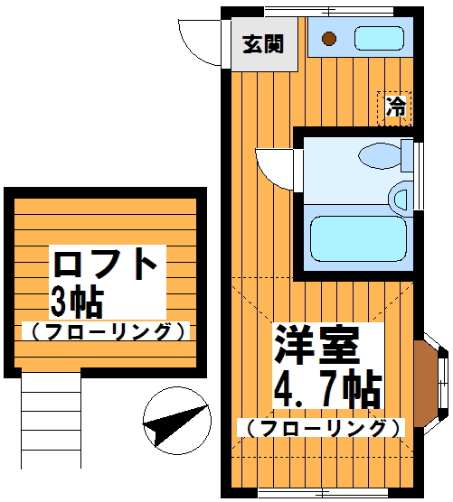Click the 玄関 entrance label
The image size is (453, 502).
(x=263, y=44)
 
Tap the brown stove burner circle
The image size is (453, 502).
(x=329, y=39)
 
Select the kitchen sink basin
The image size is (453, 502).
(x=379, y=39)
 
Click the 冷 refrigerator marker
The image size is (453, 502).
(x=394, y=108)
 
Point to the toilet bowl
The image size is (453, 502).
(x=380, y=156)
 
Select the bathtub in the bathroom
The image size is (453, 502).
(x=358, y=238)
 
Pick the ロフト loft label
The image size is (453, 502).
(x=105, y=265)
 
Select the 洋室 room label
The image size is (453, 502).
(x=316, y=346)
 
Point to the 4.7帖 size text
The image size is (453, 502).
(x=327, y=388)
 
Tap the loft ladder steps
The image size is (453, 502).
(x=51, y=421)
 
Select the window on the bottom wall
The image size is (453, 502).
(x=323, y=493)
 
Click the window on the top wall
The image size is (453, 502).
(x=329, y=12)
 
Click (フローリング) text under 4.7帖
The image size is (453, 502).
(x=322, y=428)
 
